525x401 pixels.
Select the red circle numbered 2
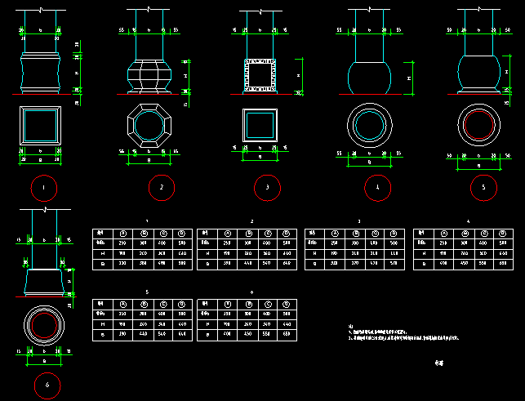(162, 188)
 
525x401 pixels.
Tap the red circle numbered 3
(266, 188)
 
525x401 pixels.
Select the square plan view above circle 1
(41, 125)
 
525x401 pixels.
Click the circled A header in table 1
(123, 233)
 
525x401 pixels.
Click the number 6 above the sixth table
(251, 292)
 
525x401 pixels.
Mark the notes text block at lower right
(408, 332)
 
